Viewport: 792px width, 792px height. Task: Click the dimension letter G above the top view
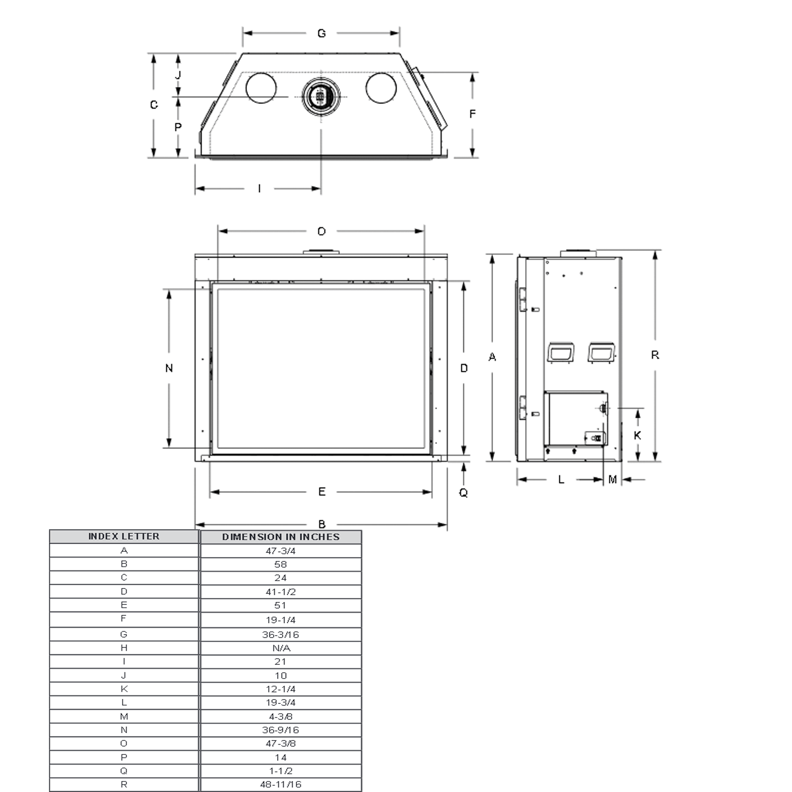click(321, 34)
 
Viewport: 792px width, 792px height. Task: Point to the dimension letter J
click(178, 75)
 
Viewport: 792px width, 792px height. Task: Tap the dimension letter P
click(178, 127)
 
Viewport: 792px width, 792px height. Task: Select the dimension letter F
click(472, 114)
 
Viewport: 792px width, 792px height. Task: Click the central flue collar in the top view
click(321, 97)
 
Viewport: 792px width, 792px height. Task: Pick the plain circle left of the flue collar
click(261, 88)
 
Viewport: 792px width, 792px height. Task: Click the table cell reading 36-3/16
click(280, 635)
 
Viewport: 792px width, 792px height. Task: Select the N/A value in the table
click(281, 648)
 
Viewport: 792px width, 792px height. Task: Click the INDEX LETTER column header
click(124, 537)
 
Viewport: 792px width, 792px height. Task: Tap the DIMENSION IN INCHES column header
click(281, 537)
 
